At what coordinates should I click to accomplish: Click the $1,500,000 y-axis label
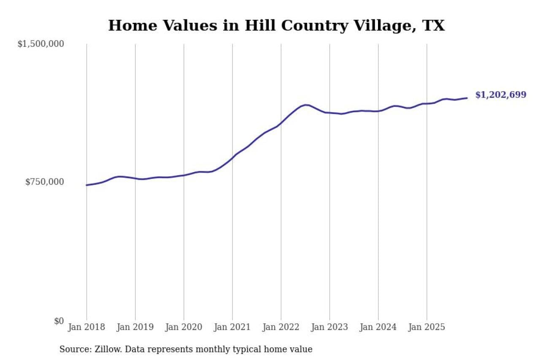click(x=40, y=44)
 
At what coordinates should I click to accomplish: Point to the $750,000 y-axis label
click(x=44, y=182)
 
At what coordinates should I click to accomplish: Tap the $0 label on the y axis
click(x=59, y=321)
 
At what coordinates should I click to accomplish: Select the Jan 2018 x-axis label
click(x=86, y=328)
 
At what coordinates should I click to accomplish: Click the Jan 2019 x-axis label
click(x=135, y=328)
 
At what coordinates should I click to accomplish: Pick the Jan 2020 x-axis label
click(x=184, y=328)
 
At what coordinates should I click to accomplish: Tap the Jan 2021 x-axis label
click(x=232, y=328)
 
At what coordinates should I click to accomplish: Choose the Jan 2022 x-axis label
click(x=281, y=328)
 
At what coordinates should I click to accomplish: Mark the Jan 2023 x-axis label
click(x=329, y=328)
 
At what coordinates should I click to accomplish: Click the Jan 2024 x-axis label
click(x=378, y=328)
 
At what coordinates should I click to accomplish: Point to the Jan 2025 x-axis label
click(x=427, y=328)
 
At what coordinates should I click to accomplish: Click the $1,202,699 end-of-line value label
click(x=501, y=95)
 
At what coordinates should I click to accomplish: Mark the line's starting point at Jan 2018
click(x=86, y=185)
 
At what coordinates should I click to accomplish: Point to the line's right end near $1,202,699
click(x=467, y=98)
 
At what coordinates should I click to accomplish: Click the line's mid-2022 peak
click(x=305, y=105)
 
